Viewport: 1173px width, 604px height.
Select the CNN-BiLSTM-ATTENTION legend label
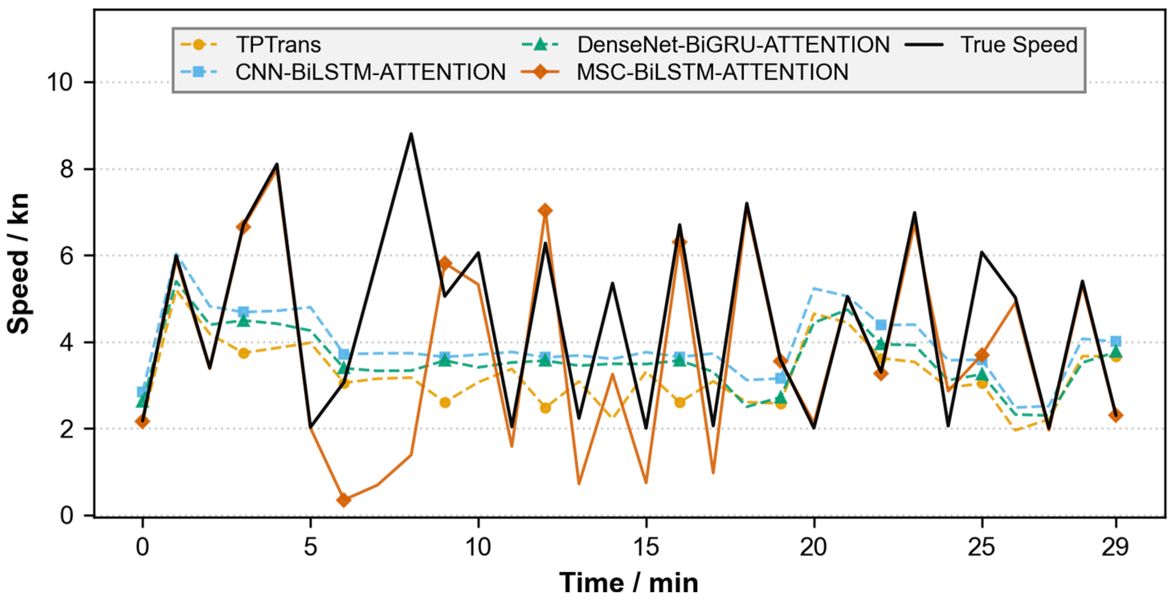point(371,72)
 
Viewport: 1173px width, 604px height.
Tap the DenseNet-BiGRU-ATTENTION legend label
point(733,45)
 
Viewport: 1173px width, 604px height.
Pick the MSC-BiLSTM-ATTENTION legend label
point(713,72)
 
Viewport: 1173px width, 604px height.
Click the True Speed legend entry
point(1019,45)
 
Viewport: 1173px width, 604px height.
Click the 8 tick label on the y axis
point(67,169)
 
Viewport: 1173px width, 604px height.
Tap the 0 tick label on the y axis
point(67,516)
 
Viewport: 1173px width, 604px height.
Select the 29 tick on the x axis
point(1116,546)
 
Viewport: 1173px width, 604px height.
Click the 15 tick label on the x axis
point(646,546)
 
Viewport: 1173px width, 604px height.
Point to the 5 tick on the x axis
point(310,546)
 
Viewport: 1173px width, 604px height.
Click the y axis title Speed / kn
point(18,263)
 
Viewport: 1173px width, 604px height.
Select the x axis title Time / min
point(629,583)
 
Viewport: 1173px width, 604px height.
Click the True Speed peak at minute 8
point(411,134)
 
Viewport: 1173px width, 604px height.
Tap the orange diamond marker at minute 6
point(344,500)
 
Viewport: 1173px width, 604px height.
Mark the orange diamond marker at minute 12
point(545,211)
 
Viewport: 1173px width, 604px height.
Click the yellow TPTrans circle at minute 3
point(244,353)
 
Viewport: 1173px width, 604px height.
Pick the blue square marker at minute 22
point(881,325)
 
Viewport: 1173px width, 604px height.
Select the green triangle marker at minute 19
point(781,397)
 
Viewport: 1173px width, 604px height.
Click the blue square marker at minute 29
point(1116,341)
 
